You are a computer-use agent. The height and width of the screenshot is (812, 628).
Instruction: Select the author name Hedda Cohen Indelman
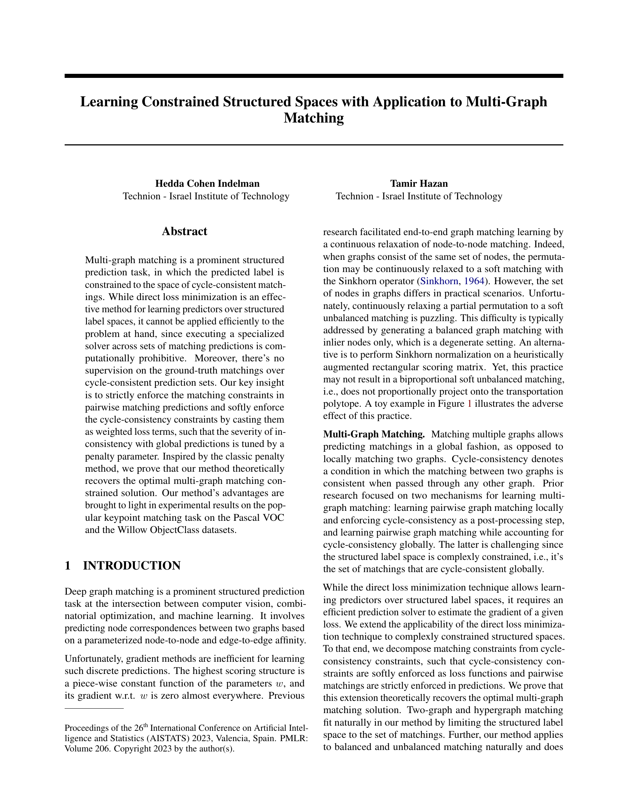coord(207,183)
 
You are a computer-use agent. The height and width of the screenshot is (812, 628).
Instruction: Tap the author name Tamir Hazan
coord(419,183)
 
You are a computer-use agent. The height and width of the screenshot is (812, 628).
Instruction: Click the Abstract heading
coord(185,231)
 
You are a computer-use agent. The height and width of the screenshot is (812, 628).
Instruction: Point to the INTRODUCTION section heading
coord(132,565)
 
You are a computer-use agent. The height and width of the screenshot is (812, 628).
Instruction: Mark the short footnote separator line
coord(94,709)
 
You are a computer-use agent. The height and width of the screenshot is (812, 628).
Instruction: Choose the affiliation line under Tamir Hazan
coord(419,196)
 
